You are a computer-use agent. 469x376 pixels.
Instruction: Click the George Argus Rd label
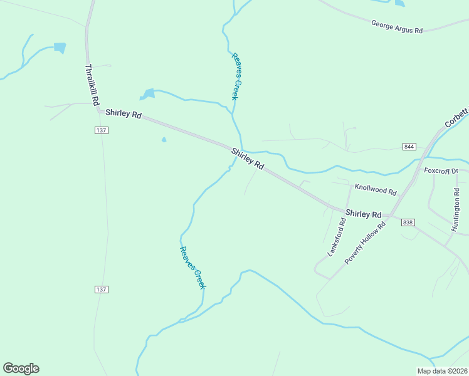point(398,27)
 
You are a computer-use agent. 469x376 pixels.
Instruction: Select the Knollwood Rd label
point(376,189)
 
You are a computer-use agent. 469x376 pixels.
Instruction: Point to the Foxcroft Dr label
point(441,170)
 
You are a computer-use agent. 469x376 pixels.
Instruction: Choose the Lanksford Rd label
point(337,237)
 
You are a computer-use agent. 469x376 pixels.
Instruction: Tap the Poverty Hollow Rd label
point(367,241)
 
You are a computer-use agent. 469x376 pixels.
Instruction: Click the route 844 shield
point(409,147)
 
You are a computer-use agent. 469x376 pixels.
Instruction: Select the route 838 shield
point(408,222)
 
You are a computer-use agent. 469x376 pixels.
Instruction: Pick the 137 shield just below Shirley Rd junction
point(102,130)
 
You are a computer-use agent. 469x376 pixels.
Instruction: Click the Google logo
point(21,368)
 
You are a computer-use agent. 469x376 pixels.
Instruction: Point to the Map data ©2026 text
point(442,371)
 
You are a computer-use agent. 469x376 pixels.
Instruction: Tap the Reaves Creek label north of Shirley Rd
point(236,76)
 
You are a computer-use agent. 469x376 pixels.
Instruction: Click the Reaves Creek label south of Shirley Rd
point(192,268)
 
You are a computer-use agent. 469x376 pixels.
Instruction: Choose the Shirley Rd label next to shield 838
point(364,214)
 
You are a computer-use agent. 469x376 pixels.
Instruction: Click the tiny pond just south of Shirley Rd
point(164,140)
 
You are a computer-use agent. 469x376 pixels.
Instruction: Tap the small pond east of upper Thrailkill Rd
point(60,47)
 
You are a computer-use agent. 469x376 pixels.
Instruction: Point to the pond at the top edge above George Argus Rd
point(399,3)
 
